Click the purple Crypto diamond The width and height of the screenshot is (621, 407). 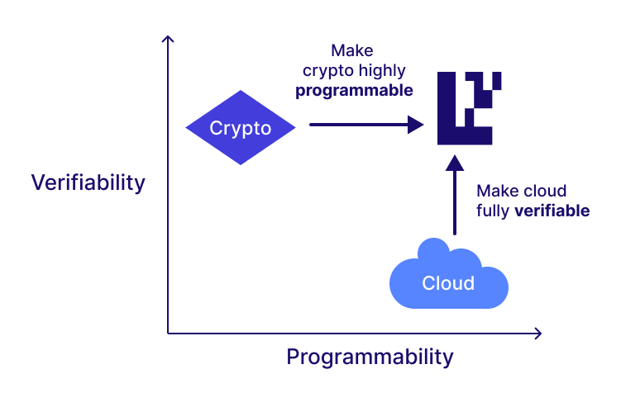(240, 128)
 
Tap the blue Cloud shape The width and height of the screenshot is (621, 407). (448, 277)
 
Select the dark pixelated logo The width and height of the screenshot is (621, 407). (469, 108)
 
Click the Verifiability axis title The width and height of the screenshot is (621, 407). (88, 182)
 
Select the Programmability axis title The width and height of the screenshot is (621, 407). (370, 357)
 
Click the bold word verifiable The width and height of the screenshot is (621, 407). (552, 210)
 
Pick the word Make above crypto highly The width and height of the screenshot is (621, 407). (351, 51)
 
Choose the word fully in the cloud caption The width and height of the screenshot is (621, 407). (494, 210)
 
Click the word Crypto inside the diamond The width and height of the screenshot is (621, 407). (240, 128)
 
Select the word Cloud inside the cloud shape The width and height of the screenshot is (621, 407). (448, 283)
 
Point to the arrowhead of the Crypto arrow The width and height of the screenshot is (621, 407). (416, 125)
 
